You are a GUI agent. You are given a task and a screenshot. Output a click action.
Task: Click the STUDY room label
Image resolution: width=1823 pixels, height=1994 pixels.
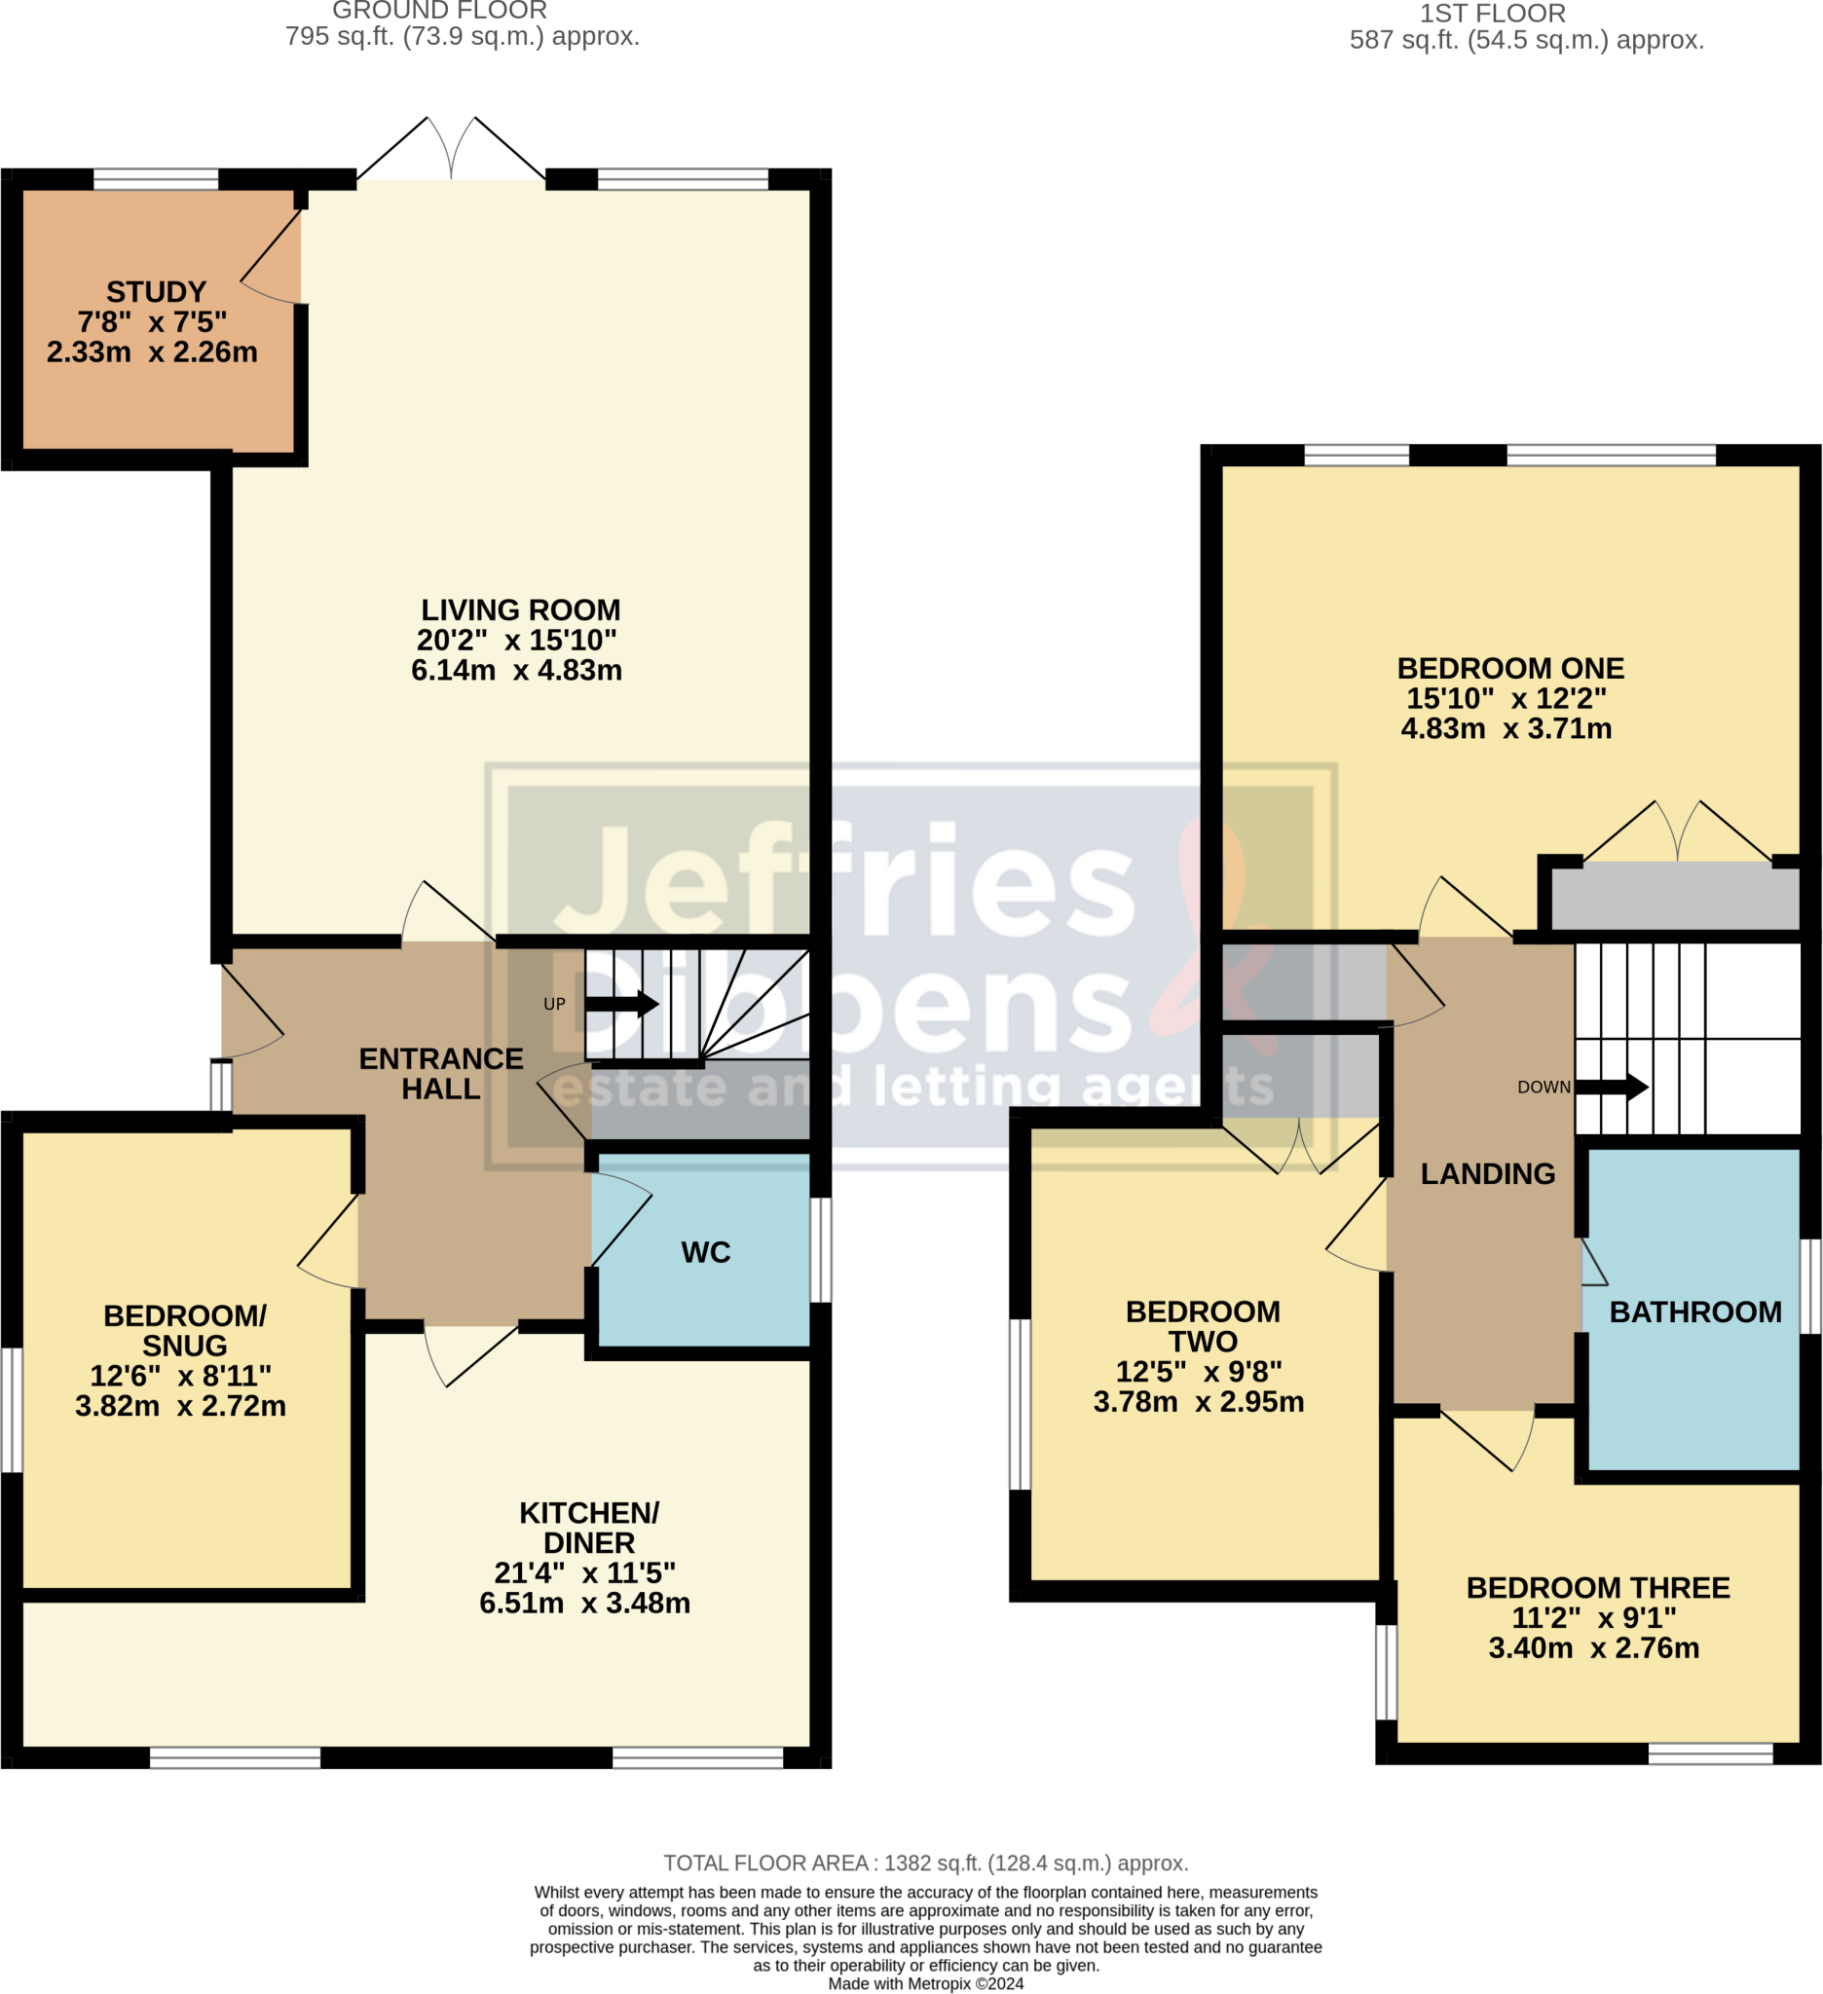(156, 292)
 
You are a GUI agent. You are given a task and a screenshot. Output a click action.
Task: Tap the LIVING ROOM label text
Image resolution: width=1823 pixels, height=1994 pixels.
(520, 609)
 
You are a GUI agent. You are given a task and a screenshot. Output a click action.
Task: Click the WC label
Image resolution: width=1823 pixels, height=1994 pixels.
(705, 1252)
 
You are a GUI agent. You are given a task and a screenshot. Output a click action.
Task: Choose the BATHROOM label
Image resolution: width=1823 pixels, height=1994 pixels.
(1694, 1311)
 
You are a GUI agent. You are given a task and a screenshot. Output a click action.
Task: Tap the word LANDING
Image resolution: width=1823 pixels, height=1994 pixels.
(1488, 1173)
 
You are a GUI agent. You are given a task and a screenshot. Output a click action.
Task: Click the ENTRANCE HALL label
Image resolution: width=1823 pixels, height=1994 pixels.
(440, 1073)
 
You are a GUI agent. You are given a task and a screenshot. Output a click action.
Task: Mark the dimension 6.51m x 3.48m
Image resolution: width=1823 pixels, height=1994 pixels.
(584, 1603)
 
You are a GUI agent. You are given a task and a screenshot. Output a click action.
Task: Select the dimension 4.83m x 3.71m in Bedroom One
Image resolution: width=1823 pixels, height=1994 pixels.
(1506, 728)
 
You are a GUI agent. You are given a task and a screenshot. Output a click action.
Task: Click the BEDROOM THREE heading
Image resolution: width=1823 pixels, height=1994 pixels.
(1597, 1587)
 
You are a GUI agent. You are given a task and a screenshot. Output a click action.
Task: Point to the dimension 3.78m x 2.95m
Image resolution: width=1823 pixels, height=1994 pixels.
(1198, 1401)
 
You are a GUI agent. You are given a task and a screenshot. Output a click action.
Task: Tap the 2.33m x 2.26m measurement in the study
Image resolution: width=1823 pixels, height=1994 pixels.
(152, 352)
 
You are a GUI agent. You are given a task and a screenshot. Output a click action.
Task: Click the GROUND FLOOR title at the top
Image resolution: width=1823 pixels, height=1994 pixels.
(439, 11)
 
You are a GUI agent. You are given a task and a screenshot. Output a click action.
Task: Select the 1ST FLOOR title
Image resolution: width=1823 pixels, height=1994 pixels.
(1492, 14)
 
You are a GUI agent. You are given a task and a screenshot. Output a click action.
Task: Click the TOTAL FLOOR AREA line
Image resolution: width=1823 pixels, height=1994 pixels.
(925, 1863)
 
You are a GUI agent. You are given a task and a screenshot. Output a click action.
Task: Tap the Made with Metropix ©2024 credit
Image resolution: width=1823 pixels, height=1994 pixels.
(925, 1983)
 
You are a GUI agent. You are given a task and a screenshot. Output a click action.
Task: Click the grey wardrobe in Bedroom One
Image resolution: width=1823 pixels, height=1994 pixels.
(1674, 896)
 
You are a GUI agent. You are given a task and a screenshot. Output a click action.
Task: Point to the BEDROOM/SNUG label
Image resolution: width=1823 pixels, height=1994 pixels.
(185, 1330)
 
